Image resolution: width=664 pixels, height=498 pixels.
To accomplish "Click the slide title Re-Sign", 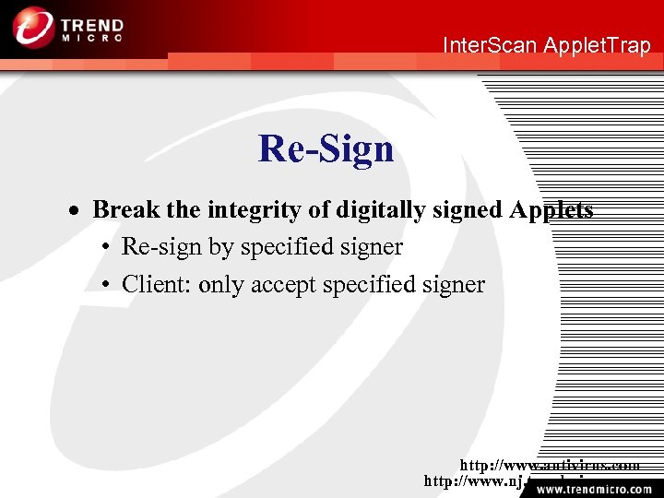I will pos(326,148).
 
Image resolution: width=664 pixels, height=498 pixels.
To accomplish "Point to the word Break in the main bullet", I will pos(125,210).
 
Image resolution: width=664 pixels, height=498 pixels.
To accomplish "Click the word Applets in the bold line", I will pos(551,210).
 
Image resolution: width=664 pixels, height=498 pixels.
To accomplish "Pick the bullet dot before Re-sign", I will pos(107,248).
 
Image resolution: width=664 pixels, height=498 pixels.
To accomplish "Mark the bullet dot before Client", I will pos(107,285).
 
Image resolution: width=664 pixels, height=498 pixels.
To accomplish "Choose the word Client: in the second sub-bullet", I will pos(157,284).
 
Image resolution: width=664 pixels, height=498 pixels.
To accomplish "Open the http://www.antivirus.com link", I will pos(550,465).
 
